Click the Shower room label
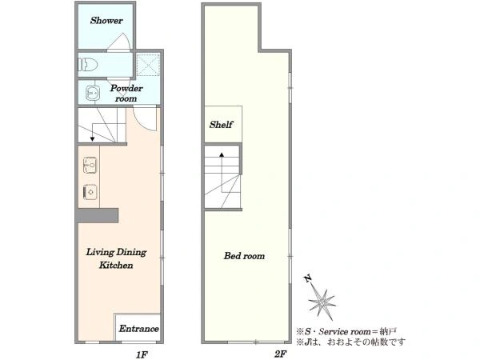[106, 21]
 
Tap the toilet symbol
[88, 65]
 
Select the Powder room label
[126, 93]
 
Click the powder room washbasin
[92, 93]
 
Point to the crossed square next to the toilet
[148, 65]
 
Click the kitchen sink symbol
[90, 165]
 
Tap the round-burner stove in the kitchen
[90, 192]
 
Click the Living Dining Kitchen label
[116, 258]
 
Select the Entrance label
[138, 329]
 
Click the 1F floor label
[142, 354]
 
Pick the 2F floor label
[280, 354]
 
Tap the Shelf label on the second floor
[221, 125]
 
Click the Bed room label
[244, 256]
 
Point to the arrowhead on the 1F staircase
[92, 139]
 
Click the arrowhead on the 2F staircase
[222, 154]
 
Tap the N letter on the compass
[308, 278]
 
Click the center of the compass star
[322, 302]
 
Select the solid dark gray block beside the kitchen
[98, 215]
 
